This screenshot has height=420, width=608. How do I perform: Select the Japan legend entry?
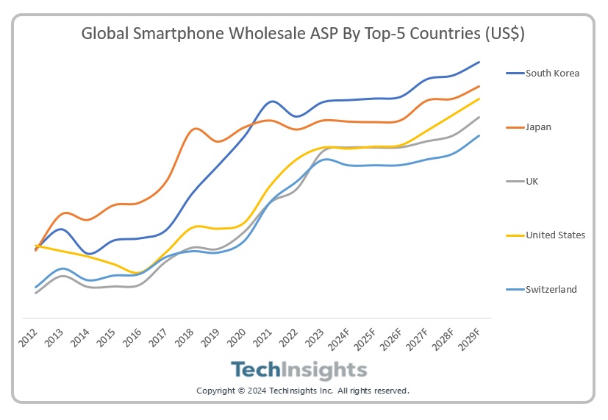click(538, 127)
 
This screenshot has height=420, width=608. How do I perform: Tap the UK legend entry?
click(532, 181)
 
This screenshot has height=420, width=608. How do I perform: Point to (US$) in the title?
click(503, 34)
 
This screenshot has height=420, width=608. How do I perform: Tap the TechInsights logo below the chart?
click(298, 369)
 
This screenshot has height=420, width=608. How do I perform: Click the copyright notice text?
click(302, 391)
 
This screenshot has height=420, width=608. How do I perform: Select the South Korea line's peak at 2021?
click(272, 101)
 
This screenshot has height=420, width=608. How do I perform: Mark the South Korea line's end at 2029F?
click(479, 63)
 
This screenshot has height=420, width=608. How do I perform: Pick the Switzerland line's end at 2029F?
click(479, 135)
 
